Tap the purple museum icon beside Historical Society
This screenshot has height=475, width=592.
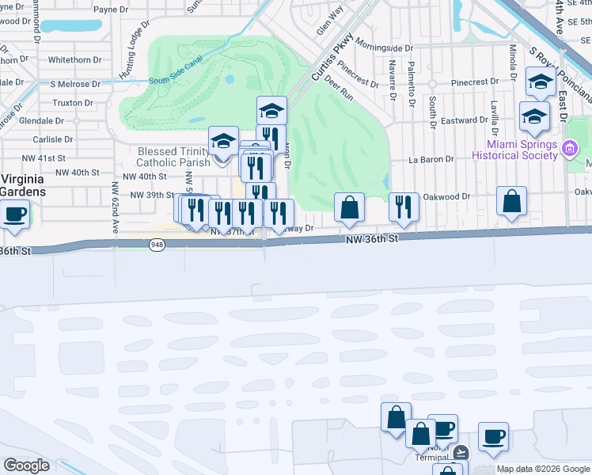(x=570, y=148)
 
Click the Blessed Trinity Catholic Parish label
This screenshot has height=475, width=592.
(x=173, y=157)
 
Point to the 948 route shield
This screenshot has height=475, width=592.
(x=156, y=245)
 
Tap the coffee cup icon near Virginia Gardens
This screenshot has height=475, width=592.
(x=14, y=214)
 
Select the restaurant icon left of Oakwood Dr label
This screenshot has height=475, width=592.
(x=404, y=207)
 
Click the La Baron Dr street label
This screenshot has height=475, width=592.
(x=431, y=159)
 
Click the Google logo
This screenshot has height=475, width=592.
(x=26, y=465)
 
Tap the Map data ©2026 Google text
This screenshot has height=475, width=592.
(x=542, y=469)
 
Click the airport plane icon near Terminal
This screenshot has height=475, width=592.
(x=461, y=454)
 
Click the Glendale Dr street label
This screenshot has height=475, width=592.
(x=41, y=120)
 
